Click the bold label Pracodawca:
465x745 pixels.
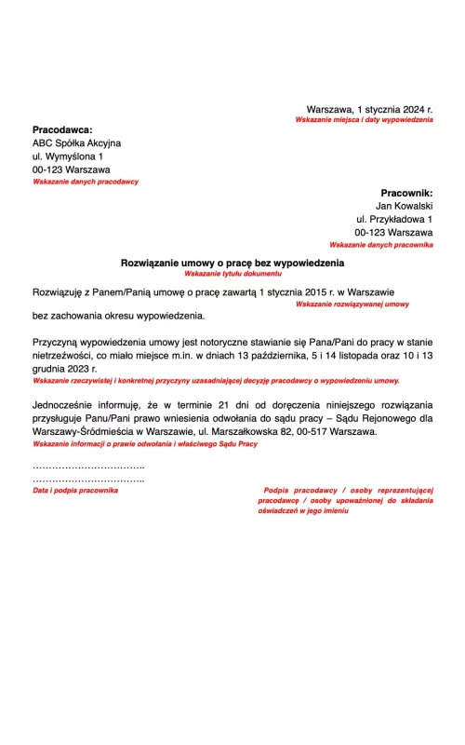click(x=62, y=129)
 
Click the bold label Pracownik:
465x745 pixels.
click(x=406, y=192)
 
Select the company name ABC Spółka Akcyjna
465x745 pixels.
click(x=76, y=143)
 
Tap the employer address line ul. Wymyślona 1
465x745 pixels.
click(x=68, y=157)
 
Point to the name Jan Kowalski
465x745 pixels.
click(x=404, y=205)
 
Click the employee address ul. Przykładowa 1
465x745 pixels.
click(x=394, y=219)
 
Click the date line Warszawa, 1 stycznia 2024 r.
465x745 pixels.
click(x=369, y=109)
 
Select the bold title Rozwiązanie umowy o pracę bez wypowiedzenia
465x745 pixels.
click(x=232, y=264)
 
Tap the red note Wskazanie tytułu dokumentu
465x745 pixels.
click(x=232, y=275)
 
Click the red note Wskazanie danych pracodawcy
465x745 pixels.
click(x=85, y=182)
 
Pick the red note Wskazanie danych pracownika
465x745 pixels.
click(x=380, y=244)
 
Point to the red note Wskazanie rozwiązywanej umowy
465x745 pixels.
click(x=352, y=304)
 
